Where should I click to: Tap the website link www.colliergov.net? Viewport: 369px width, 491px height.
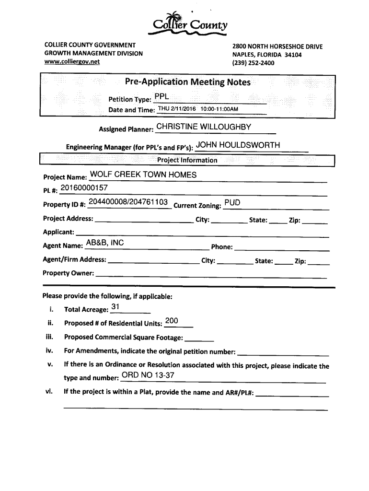[72, 61]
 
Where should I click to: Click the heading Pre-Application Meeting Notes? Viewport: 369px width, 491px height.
[188, 82]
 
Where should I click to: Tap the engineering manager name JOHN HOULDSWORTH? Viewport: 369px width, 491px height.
[238, 145]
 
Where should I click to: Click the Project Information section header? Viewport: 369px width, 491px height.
[187, 160]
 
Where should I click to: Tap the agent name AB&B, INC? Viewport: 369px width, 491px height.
[104, 243]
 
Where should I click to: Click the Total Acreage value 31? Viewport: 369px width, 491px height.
[115, 307]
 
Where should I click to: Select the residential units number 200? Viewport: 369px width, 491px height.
[171, 321]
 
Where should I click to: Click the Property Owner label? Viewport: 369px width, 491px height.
[69, 273]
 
